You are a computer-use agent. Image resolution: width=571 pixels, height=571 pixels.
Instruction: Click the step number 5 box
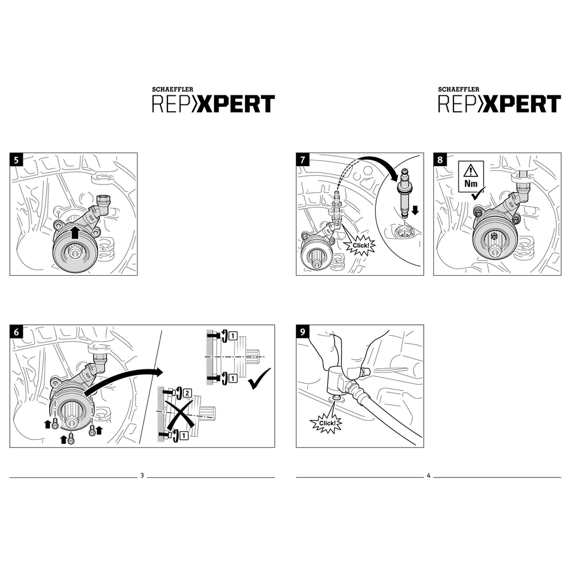[17, 160]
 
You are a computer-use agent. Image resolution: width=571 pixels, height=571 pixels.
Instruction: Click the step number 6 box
[17, 332]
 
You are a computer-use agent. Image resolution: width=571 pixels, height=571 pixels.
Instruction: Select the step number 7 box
[303, 160]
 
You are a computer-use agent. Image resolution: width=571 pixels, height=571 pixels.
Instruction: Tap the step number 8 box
[440, 160]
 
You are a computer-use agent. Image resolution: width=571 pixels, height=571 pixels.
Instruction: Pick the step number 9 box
[303, 332]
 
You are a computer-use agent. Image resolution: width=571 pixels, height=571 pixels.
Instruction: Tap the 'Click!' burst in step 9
[325, 423]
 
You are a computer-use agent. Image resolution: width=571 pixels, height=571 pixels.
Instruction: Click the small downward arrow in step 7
[416, 210]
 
